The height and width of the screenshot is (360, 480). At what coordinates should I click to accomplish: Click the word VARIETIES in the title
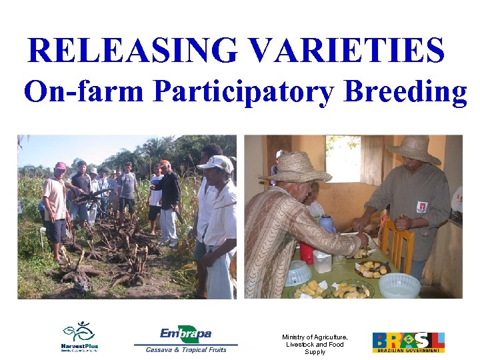pyautogui.click(x=346, y=51)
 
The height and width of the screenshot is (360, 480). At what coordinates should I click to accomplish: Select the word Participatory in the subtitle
pyautogui.click(x=243, y=92)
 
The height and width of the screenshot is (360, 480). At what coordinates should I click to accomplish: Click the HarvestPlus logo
pyautogui.click(x=79, y=337)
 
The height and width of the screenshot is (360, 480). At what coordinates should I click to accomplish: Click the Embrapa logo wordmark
pyautogui.click(x=185, y=333)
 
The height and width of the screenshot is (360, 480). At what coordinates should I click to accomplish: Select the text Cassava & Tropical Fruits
pyautogui.click(x=186, y=349)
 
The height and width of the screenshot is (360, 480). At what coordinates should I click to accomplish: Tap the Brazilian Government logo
pyautogui.click(x=408, y=342)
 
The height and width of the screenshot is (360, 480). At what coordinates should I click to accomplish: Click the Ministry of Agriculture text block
pyautogui.click(x=315, y=344)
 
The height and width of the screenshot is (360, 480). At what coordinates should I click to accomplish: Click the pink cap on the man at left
pyautogui.click(x=61, y=166)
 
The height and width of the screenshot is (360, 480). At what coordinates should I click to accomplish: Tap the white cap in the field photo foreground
pyautogui.click(x=216, y=163)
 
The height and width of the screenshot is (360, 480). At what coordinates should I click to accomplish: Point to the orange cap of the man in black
pyautogui.click(x=164, y=163)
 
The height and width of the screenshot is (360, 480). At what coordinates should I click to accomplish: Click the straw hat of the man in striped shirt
pyautogui.click(x=299, y=167)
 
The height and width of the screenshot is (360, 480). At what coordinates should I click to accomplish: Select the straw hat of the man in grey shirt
pyautogui.click(x=413, y=149)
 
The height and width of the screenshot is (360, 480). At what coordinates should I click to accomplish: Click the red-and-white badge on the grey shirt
pyautogui.click(x=421, y=207)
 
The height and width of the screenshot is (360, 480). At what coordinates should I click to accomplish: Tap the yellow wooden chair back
pyautogui.click(x=398, y=243)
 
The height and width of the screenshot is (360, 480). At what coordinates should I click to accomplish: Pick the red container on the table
pyautogui.click(x=307, y=253)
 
